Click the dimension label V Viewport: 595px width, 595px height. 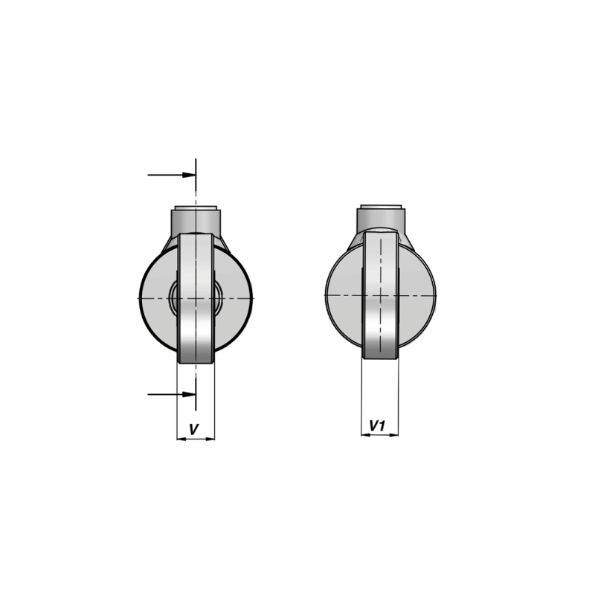(194, 430)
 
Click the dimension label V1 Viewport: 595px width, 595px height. (378, 425)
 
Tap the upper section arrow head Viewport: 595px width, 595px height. (189, 175)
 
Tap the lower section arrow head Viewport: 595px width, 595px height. (189, 394)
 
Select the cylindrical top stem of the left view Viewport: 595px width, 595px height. (196, 221)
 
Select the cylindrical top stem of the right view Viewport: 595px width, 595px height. (381, 219)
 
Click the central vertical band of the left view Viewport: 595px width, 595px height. (196, 298)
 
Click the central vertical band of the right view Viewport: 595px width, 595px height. (380, 295)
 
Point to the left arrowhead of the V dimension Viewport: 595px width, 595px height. (181, 439)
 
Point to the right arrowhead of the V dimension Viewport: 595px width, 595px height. (210, 439)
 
